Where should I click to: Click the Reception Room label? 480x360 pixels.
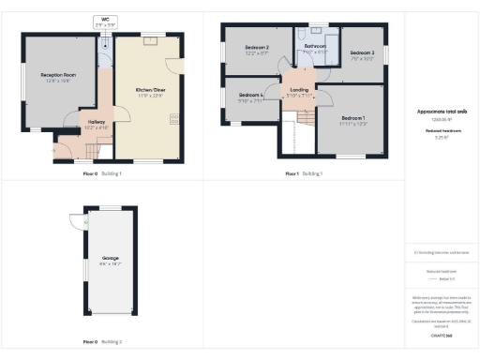pyautogui.click(x=56, y=74)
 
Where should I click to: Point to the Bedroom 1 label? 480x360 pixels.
pyautogui.click(x=353, y=118)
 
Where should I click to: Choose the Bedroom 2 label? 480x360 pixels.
pyautogui.click(x=257, y=48)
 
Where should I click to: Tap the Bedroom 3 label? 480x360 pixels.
pyautogui.click(x=362, y=53)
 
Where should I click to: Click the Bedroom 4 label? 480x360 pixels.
pyautogui.click(x=250, y=96)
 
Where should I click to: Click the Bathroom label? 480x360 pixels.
pyautogui.click(x=314, y=45)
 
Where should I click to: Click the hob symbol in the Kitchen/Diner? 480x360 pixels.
pyautogui.click(x=174, y=118)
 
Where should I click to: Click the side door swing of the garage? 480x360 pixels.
pyautogui.click(x=75, y=222)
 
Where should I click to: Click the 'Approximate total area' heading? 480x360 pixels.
pyautogui.click(x=441, y=112)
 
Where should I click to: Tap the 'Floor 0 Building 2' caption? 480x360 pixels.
pyautogui.click(x=102, y=341)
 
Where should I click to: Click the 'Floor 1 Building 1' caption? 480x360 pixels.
pyautogui.click(x=305, y=173)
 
